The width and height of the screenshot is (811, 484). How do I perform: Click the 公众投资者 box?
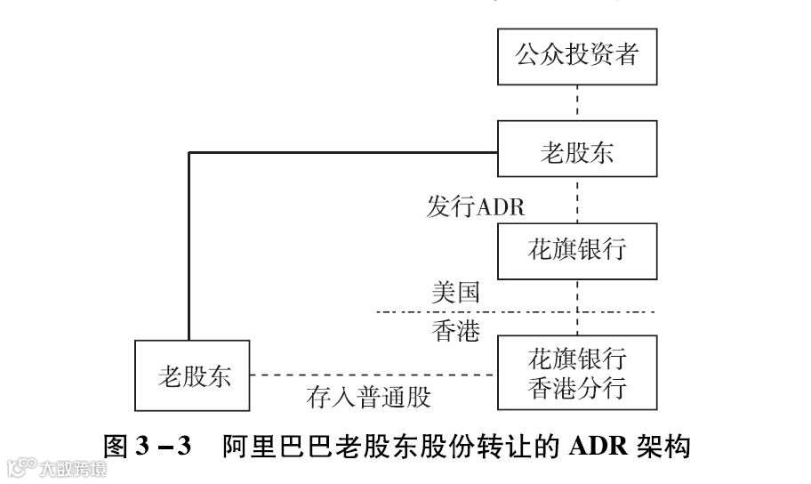(x=577, y=55)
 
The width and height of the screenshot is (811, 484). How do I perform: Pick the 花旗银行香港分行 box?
(x=577, y=374)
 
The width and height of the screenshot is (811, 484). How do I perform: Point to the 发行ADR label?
(x=476, y=207)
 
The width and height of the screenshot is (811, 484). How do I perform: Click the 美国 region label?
(x=456, y=293)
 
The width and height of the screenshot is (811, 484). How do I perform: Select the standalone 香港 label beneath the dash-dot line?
(x=456, y=331)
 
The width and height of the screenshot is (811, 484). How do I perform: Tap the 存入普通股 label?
(x=369, y=397)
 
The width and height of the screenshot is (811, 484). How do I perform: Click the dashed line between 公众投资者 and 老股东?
(x=578, y=102)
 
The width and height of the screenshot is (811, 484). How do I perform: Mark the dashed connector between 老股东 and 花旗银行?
(x=578, y=199)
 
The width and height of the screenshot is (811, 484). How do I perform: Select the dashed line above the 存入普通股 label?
(x=373, y=375)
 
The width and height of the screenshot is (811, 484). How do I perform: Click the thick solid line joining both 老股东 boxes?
(x=189, y=240)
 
